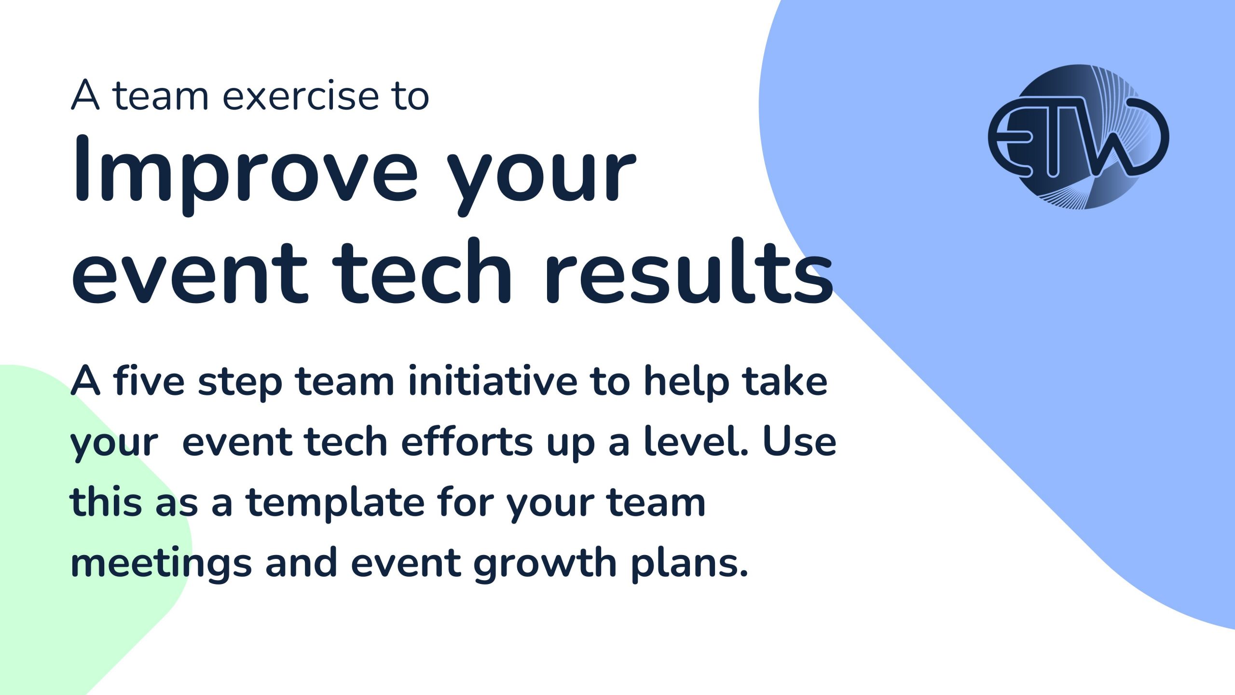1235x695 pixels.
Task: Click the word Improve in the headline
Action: pos(245,175)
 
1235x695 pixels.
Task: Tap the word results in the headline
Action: pos(689,272)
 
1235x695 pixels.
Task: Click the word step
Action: pos(240,383)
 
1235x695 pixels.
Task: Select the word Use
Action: pos(799,441)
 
